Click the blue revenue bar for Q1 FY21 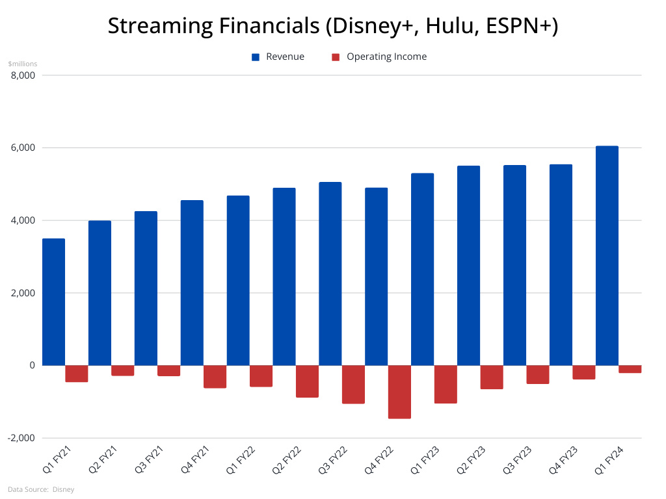pyautogui.click(x=53, y=302)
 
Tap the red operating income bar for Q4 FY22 pyautogui.click(x=399, y=392)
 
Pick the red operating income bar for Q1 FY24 pyautogui.click(x=630, y=369)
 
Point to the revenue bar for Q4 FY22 pyautogui.click(x=376, y=277)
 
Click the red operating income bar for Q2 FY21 pyautogui.click(x=122, y=370)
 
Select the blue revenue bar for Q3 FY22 pyautogui.click(x=330, y=274)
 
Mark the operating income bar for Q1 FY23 pyautogui.click(x=446, y=384)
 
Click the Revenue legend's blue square pyautogui.click(x=256, y=57)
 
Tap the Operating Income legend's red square pyautogui.click(x=336, y=57)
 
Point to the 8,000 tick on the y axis pyautogui.click(x=24, y=75)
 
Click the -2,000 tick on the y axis pyautogui.click(x=23, y=438)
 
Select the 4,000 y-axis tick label pyautogui.click(x=24, y=221)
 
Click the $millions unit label pyautogui.click(x=23, y=64)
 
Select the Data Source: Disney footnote pyautogui.click(x=41, y=489)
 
